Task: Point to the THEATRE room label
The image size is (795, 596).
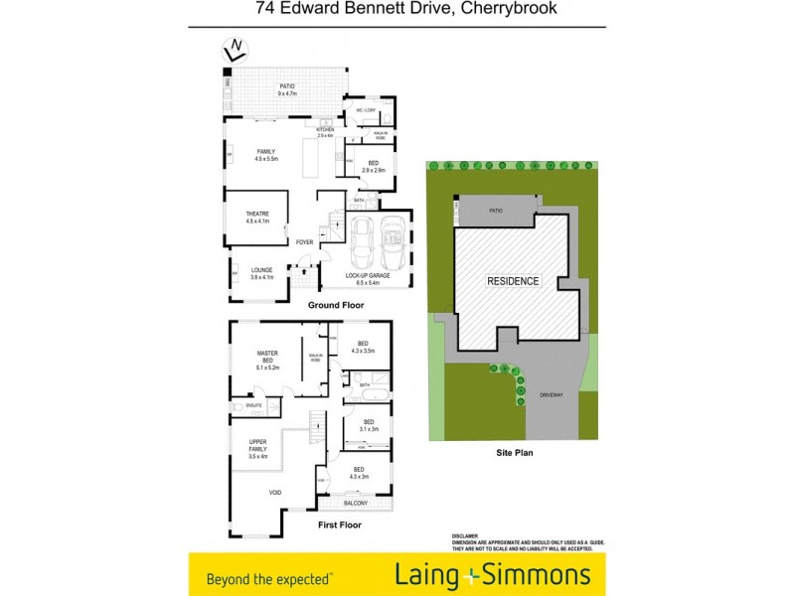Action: (x=258, y=215)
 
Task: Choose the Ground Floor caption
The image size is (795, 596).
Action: (x=335, y=305)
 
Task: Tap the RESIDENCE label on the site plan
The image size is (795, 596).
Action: (x=513, y=281)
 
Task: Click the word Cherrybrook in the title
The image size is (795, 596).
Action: (x=516, y=9)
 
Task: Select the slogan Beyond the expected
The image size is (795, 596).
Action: (x=269, y=576)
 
